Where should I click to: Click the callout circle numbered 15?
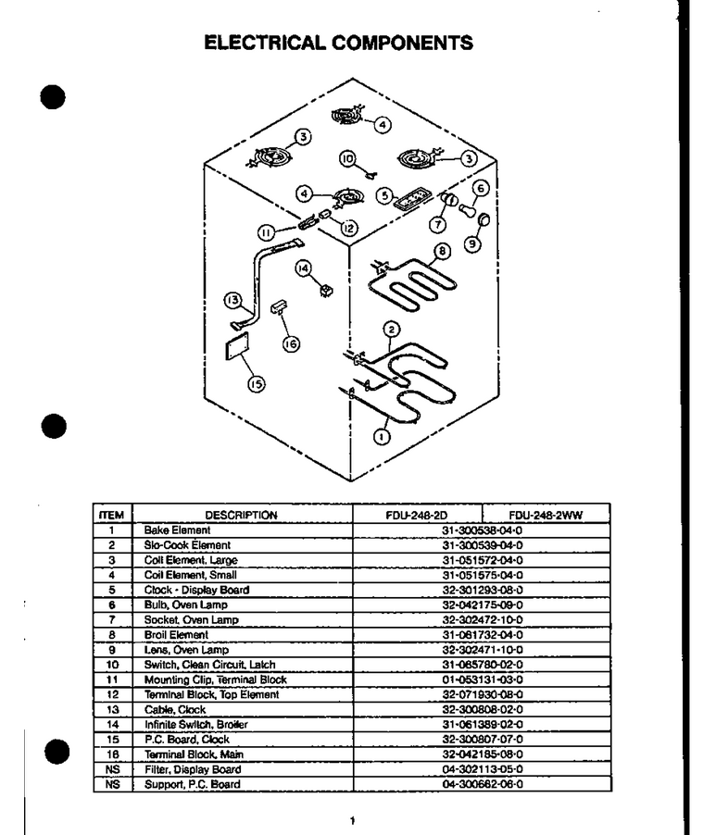[x=257, y=383]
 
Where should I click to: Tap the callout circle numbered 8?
[x=442, y=252]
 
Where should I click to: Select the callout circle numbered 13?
[x=232, y=300]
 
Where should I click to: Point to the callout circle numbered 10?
[x=347, y=158]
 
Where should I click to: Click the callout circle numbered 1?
[x=382, y=437]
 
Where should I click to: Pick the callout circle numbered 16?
[x=291, y=344]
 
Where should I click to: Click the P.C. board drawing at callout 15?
[x=237, y=345]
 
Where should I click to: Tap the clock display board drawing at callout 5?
[x=412, y=198]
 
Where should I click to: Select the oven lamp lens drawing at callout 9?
[x=484, y=218]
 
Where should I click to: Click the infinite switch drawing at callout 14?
[x=327, y=291]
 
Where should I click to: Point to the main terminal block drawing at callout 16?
[x=279, y=306]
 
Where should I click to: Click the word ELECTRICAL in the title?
[x=264, y=43]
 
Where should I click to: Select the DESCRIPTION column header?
[x=241, y=515]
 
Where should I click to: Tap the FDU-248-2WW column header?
[x=546, y=515]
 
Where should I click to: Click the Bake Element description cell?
[x=177, y=530]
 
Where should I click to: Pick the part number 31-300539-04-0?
[x=483, y=544]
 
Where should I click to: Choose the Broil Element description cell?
[x=176, y=635]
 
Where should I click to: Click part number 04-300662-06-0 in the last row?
[x=483, y=784]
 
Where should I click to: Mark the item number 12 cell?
[x=112, y=694]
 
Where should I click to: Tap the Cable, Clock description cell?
[x=175, y=709]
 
